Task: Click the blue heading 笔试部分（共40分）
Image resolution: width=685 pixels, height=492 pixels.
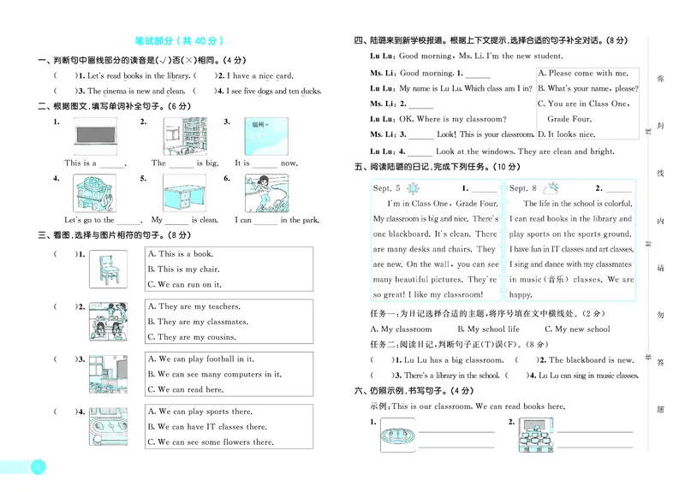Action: pyautogui.click(x=179, y=40)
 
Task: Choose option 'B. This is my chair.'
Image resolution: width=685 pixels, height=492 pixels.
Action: pyautogui.click(x=183, y=269)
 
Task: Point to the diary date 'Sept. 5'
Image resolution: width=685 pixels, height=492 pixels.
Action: pyautogui.click(x=386, y=187)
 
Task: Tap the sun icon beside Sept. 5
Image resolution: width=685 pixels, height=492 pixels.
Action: pyautogui.click(x=415, y=187)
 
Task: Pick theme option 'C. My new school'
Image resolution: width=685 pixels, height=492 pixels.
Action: pyautogui.click(x=575, y=329)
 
